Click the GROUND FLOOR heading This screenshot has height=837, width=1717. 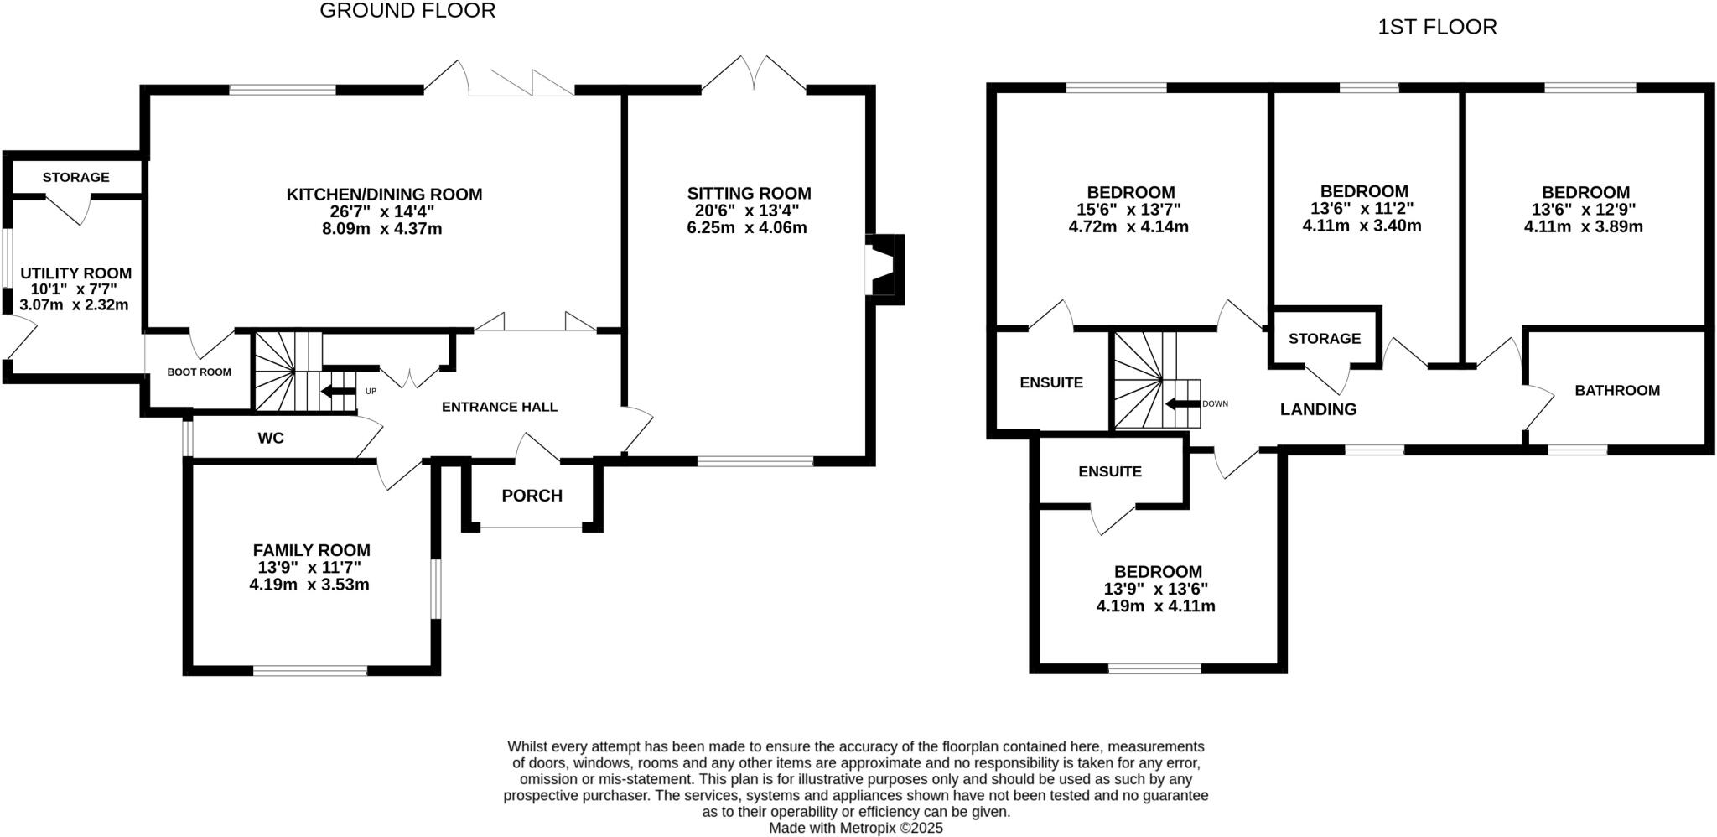point(407,11)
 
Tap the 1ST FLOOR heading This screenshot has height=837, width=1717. point(1437,28)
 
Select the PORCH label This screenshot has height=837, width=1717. point(532,496)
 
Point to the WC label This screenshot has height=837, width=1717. point(271,438)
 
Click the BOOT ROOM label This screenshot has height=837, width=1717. point(199,372)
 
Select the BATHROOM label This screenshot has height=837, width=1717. point(1616,390)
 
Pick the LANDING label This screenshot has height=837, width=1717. point(1318,409)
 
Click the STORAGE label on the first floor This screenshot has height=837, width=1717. point(1324,338)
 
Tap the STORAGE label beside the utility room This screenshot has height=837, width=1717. point(75,177)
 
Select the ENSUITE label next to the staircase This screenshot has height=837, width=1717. point(1051,382)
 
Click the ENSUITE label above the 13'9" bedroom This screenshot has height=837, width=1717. point(1109,471)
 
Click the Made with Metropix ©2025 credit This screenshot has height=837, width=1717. point(856,828)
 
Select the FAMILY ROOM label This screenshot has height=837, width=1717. point(311,550)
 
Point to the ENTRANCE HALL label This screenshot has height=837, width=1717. point(499,407)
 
